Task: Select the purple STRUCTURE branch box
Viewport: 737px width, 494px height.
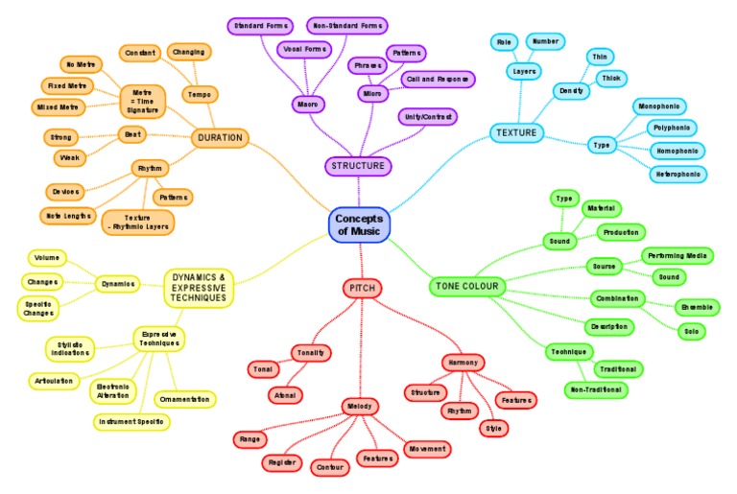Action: (x=358, y=166)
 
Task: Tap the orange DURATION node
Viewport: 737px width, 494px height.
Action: (x=221, y=138)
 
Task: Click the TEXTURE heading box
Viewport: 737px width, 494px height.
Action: (x=515, y=132)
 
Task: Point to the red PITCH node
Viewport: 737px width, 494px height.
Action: (x=364, y=288)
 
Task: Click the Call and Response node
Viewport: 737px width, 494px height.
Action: (x=438, y=79)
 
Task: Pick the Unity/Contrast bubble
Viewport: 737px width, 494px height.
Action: (x=427, y=116)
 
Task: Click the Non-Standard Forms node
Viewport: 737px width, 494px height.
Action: (x=346, y=24)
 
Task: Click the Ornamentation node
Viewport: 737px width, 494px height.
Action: (x=184, y=398)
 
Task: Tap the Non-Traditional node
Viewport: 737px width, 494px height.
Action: (x=596, y=389)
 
